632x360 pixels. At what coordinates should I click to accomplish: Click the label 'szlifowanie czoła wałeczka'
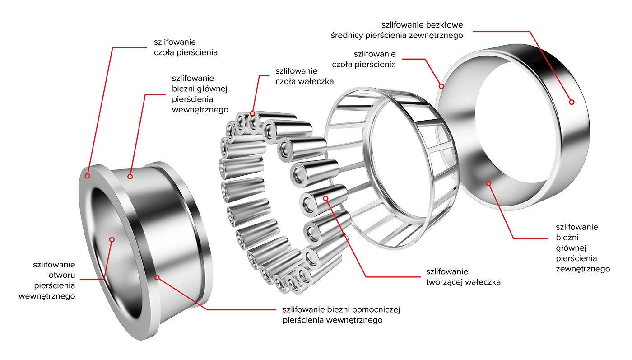[x=304, y=76]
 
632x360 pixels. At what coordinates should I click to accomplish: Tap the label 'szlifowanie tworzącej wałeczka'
[x=463, y=277]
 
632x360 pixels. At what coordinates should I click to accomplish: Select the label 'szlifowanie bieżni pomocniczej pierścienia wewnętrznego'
[x=341, y=315]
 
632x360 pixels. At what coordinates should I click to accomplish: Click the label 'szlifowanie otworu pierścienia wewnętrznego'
[x=47, y=280]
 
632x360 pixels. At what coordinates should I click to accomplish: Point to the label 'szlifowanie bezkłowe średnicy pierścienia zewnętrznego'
[x=397, y=30]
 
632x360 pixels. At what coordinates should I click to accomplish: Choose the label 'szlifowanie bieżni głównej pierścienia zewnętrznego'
[x=583, y=248]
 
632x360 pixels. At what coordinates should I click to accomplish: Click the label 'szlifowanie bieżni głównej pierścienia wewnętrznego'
[x=200, y=94]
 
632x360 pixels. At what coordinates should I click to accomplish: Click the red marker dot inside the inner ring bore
[x=112, y=240]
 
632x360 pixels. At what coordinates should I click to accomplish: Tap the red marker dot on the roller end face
[x=252, y=114]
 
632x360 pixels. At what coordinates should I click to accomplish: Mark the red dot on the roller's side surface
[x=326, y=199]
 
